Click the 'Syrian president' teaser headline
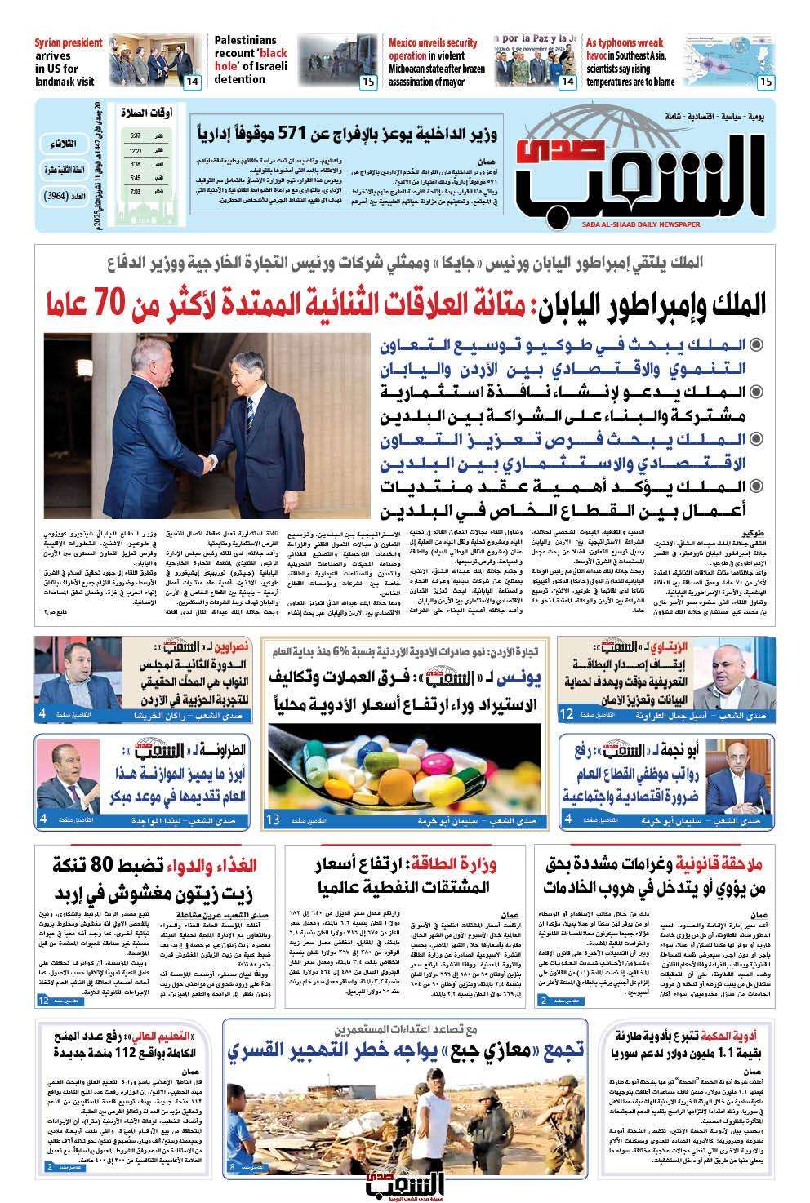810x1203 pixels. pyautogui.click(x=69, y=61)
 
